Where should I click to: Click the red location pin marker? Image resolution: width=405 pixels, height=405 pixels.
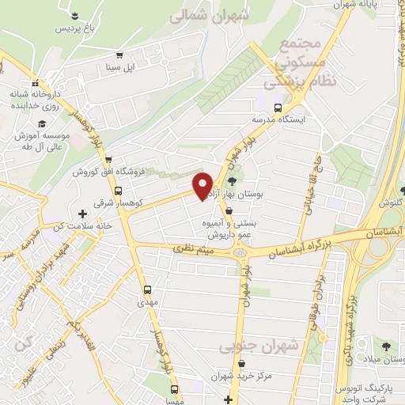click(x=203, y=185)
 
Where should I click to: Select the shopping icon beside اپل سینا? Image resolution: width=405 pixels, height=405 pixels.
click(x=119, y=55)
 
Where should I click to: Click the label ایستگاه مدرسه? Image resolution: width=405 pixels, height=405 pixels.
click(x=278, y=119)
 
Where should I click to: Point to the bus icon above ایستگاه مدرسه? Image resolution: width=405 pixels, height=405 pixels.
click(x=277, y=108)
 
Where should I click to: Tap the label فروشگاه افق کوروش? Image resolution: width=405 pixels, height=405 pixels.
click(x=106, y=172)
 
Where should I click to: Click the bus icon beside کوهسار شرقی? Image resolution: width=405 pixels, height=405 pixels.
click(x=118, y=191)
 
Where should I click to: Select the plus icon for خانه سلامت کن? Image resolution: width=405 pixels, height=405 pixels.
click(x=82, y=214)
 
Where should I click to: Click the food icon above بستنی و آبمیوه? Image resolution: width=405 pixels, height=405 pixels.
click(x=229, y=212)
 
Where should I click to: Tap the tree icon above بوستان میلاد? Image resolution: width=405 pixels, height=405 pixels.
click(x=386, y=346)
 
